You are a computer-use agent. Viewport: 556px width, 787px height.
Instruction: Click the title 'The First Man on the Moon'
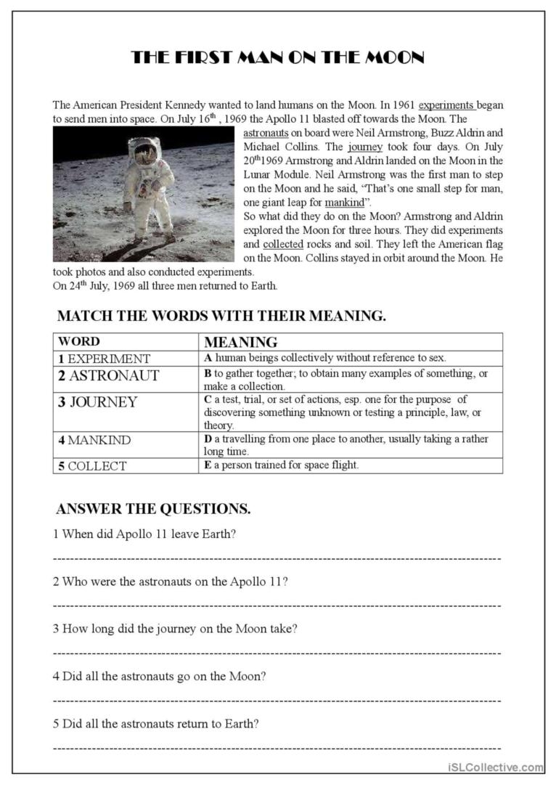click(277, 58)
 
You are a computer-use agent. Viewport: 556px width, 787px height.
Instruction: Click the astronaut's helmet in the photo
click(144, 150)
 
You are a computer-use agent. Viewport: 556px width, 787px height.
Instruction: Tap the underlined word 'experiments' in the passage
click(447, 105)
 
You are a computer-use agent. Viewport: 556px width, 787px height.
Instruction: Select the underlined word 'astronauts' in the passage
click(266, 134)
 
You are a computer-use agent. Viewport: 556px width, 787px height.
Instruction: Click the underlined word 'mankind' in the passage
click(343, 203)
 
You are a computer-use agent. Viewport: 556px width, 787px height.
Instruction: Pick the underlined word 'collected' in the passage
click(282, 244)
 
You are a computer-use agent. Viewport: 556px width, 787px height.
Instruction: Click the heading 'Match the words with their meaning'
click(221, 317)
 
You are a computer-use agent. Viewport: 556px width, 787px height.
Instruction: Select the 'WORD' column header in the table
click(79, 341)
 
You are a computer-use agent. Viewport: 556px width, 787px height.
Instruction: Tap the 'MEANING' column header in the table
click(241, 342)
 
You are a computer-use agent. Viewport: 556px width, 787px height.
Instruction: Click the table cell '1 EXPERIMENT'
click(105, 359)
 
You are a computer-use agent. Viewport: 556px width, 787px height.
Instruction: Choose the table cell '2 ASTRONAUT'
click(108, 375)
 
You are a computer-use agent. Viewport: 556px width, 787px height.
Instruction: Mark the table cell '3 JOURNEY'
click(97, 402)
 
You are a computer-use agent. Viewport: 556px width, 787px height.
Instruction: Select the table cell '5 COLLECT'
click(92, 466)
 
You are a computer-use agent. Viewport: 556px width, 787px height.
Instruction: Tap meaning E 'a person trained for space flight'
click(282, 465)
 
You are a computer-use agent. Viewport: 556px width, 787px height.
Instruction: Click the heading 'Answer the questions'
click(153, 509)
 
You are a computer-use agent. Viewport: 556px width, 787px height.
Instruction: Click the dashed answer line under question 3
click(277, 653)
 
